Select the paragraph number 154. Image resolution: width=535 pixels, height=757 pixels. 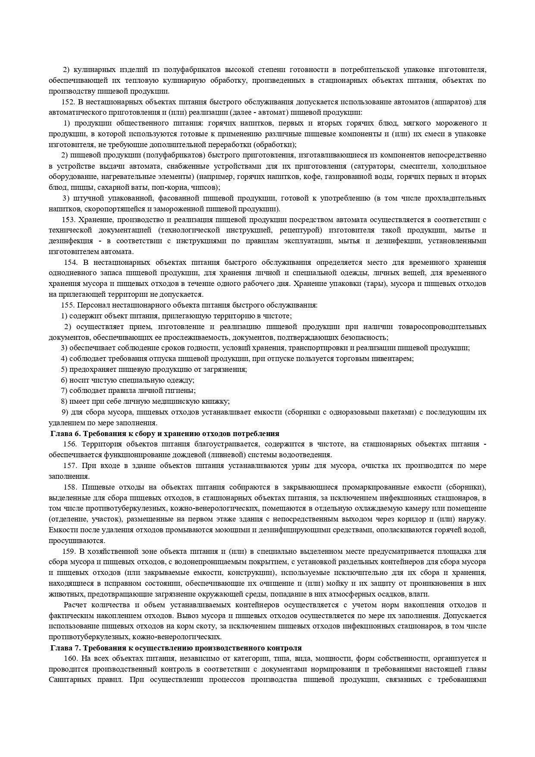point(71,262)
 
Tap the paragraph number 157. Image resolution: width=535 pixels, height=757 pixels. point(70,466)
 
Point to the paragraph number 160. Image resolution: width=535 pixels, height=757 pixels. point(70,659)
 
